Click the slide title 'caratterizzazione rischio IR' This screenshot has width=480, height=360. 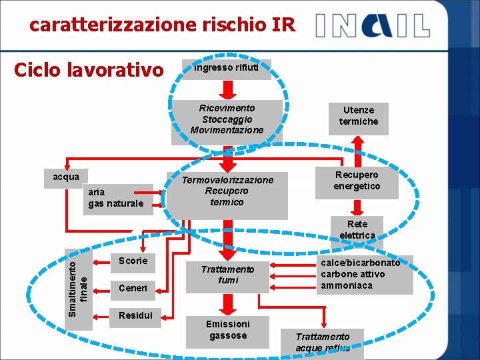(x=162, y=25)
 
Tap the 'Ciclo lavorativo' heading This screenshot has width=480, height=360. (x=89, y=69)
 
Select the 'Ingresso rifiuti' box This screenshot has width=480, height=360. (x=231, y=68)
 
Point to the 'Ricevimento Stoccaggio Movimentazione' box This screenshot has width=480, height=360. (x=227, y=119)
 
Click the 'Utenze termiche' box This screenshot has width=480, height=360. (x=358, y=116)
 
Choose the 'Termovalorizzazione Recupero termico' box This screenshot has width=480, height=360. (x=227, y=191)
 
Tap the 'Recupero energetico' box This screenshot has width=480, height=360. (x=357, y=181)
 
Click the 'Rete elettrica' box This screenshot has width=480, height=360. (x=357, y=230)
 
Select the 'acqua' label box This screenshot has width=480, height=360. (x=67, y=177)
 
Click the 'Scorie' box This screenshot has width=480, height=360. (x=133, y=261)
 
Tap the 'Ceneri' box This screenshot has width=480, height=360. (x=133, y=289)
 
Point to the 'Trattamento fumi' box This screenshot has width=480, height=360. (x=228, y=275)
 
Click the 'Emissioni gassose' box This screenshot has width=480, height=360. (x=228, y=330)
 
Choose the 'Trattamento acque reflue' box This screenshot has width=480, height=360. (x=323, y=343)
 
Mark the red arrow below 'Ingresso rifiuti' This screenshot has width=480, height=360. (x=227, y=89)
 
